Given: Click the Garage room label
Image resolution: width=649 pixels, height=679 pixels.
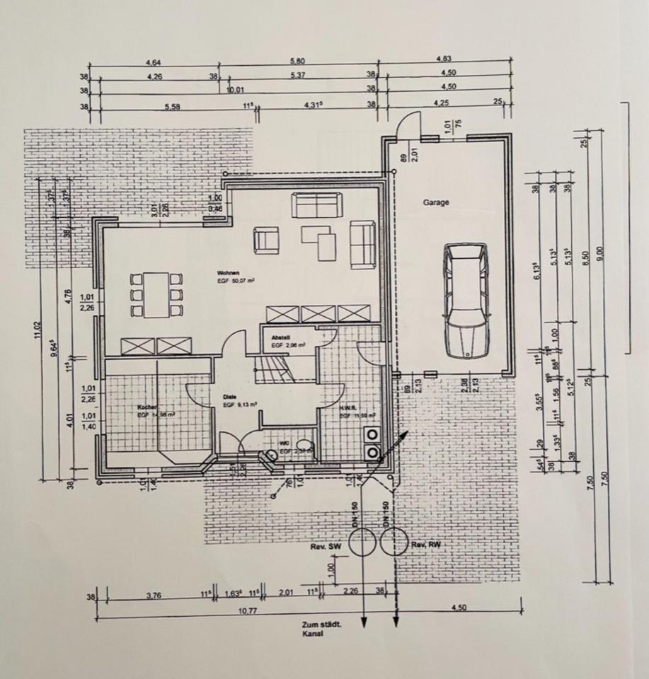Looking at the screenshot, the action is (x=437, y=202).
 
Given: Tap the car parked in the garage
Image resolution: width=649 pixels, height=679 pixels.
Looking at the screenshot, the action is (x=465, y=301).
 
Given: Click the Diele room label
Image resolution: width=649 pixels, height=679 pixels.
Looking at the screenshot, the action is (x=229, y=397).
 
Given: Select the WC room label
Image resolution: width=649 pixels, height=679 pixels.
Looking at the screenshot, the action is (x=284, y=443).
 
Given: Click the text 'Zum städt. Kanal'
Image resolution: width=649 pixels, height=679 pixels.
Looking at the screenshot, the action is (x=323, y=629).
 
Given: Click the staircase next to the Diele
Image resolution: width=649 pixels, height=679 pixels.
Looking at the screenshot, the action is (x=274, y=368).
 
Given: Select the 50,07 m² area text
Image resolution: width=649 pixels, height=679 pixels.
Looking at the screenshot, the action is (x=236, y=281).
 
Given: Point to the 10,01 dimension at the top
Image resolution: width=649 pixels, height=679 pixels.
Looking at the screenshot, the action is (x=235, y=90).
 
